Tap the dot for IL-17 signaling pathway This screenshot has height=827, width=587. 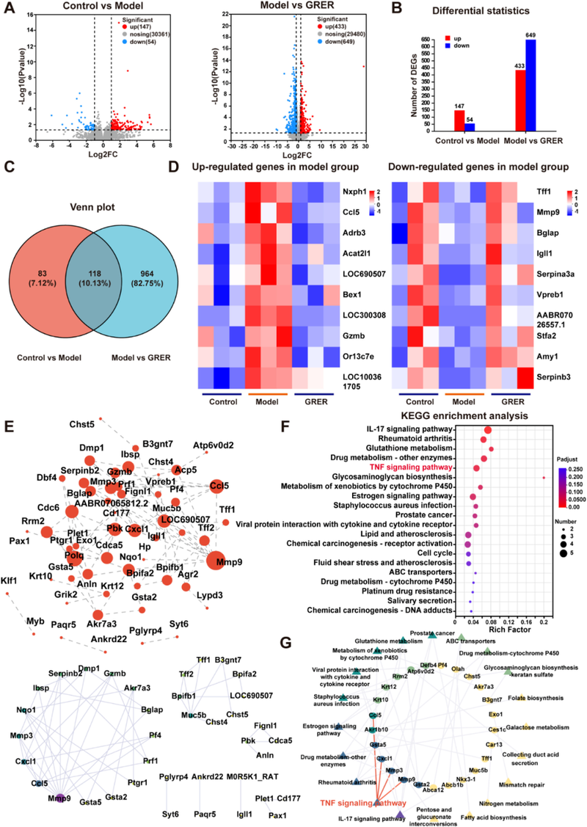tap(488, 429)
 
